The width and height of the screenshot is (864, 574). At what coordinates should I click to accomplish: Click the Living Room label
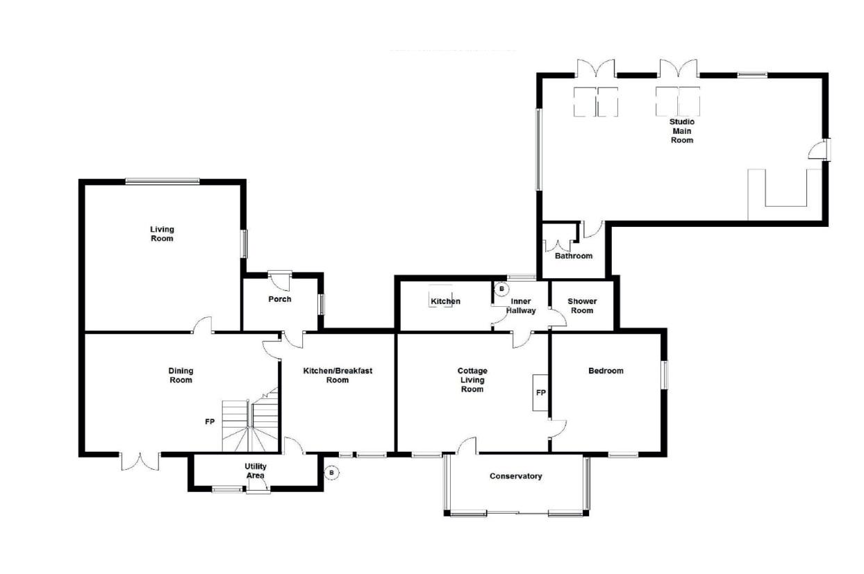(x=162, y=234)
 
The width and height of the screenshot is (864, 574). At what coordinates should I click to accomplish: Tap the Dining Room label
(x=181, y=375)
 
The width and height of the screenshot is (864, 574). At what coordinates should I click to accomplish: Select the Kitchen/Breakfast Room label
(x=338, y=375)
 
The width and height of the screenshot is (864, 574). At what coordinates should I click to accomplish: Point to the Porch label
(x=280, y=299)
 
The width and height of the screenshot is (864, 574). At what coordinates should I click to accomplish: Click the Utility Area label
(x=256, y=471)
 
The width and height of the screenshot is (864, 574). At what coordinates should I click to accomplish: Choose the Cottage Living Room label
(x=472, y=380)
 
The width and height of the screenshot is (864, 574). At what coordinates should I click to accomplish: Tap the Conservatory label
(x=516, y=476)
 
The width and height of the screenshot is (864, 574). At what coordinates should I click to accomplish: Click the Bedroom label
(x=606, y=371)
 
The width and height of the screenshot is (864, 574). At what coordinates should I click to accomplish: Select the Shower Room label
(x=582, y=305)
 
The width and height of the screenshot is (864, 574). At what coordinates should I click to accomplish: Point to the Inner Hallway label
(x=521, y=305)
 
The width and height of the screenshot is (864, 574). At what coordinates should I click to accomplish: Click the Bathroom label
(x=574, y=256)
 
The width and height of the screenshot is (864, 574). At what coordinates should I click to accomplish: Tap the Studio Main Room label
(x=682, y=131)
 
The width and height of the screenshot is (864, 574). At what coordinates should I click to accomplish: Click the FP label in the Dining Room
(x=210, y=422)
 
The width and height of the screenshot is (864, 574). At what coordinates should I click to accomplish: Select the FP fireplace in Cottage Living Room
(x=540, y=392)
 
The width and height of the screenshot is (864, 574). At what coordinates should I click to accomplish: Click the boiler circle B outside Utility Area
(x=331, y=473)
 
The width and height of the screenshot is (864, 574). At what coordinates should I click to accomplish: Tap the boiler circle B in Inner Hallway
(x=501, y=289)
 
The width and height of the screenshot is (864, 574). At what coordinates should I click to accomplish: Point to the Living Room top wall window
(x=163, y=180)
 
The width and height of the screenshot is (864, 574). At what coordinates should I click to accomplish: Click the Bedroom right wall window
(x=664, y=375)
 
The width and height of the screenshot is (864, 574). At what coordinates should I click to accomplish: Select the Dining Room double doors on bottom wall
(x=140, y=462)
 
